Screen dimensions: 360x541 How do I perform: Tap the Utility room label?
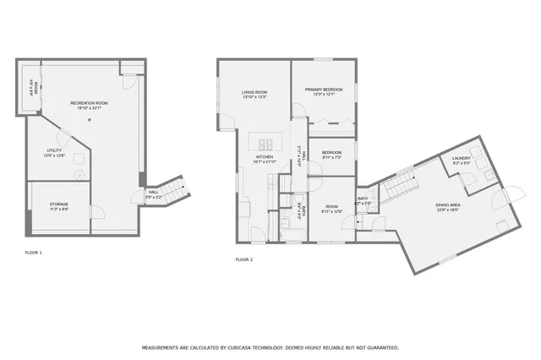[53, 153]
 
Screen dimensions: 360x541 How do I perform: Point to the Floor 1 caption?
[33, 253]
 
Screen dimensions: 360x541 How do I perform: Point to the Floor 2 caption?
[243, 259]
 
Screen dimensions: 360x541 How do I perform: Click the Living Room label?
[254, 94]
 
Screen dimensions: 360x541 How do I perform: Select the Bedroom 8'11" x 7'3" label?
[331, 154]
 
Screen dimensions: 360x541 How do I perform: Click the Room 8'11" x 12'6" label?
[331, 209]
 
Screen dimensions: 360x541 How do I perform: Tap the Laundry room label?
[461, 160]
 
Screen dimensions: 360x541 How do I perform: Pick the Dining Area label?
[447, 207]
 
